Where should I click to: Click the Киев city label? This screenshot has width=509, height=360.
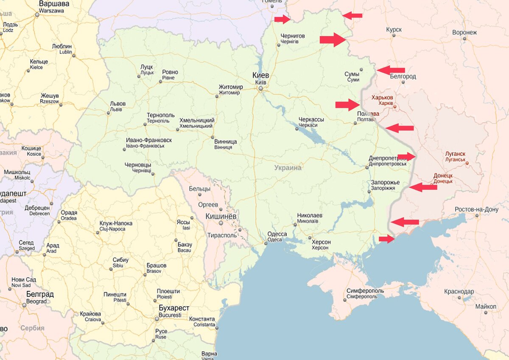[x=261, y=75]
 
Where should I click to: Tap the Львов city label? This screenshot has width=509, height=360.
[x=118, y=104]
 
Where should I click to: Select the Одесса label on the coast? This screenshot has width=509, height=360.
[x=277, y=234]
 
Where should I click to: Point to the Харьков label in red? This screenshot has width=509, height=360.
[x=382, y=98]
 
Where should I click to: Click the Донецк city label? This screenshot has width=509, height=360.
[x=443, y=175]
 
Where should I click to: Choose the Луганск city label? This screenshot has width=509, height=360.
[x=455, y=154]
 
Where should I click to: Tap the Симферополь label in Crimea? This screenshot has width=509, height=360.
[x=365, y=291]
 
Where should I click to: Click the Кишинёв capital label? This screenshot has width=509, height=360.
[x=221, y=217]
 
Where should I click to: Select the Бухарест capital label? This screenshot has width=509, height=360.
[x=174, y=308]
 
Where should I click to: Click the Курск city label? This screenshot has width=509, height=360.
[x=394, y=30]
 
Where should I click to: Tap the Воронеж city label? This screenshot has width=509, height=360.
[x=464, y=32]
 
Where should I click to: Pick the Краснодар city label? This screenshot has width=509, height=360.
[x=459, y=292]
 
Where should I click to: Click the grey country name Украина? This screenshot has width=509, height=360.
[x=288, y=168]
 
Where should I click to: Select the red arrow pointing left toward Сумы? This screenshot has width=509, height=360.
[x=391, y=70]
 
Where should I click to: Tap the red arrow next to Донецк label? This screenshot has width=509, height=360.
[x=423, y=187]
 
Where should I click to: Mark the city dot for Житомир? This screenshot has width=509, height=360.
[x=217, y=96]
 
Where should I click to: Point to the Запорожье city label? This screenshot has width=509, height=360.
[x=385, y=183]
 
